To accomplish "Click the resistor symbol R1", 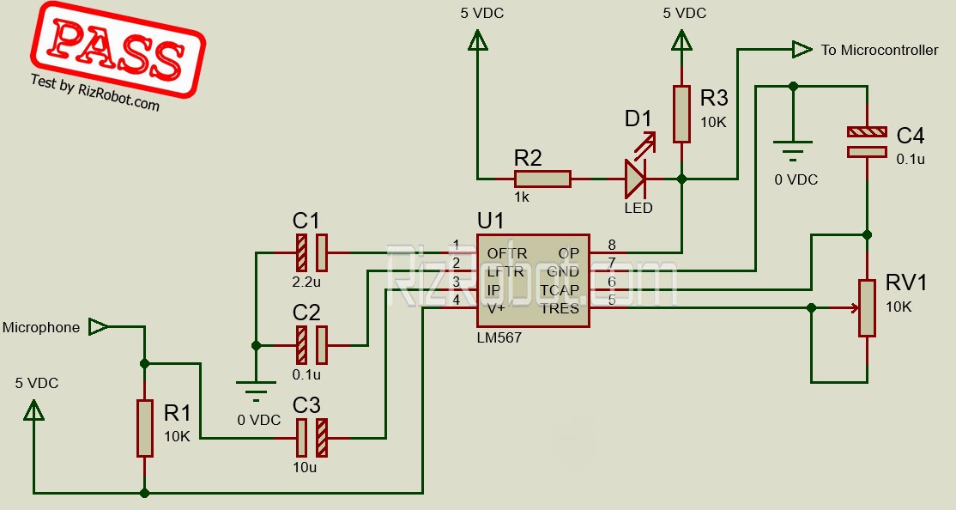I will tap(144, 427).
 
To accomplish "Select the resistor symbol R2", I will tap(542, 179).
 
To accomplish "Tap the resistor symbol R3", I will tap(681, 113).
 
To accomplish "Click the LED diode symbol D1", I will tap(636, 179).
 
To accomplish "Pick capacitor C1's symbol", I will tap(311, 253).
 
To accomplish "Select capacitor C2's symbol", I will tap(311, 345).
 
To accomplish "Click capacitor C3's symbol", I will tap(311, 438).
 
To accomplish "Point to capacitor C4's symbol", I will tap(867, 142).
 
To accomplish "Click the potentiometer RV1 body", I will tap(868, 307).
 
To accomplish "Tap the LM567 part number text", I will tap(499, 338).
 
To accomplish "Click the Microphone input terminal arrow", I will tap(99, 326).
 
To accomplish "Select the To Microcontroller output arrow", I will tap(802, 50).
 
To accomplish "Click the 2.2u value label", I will tap(306, 282).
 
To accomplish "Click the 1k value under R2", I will tap(522, 197).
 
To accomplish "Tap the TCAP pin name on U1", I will tap(560, 290).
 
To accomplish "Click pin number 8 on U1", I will tap(611, 245).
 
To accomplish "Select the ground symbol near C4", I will tap(792, 151).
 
